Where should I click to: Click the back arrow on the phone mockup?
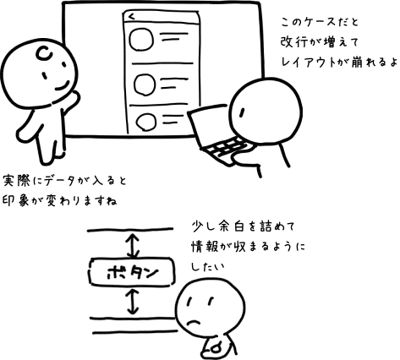point(131,17)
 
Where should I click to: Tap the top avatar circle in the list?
point(130,40)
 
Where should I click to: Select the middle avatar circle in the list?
point(134,85)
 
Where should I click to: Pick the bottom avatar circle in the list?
point(137,122)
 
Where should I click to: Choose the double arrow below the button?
point(133,302)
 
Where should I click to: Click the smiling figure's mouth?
point(63,86)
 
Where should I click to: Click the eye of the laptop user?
point(241,112)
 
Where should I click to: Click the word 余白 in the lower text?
point(231,226)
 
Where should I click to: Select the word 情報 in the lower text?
point(205,247)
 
